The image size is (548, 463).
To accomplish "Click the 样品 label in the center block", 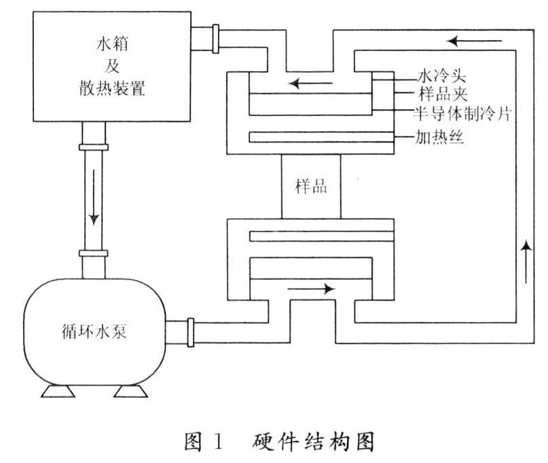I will pyautogui.click(x=311, y=186).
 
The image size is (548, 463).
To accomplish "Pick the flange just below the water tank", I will pyautogui.click(x=94, y=147).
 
